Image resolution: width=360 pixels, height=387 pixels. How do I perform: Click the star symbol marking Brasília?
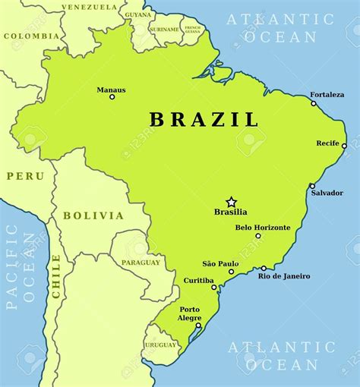[231, 202]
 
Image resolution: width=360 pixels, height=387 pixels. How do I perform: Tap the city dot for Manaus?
[112, 96]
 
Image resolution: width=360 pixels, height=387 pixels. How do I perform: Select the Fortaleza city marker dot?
[313, 103]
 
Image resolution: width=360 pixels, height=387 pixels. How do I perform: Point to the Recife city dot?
[344, 146]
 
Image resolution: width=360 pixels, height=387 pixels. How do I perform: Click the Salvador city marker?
[311, 186]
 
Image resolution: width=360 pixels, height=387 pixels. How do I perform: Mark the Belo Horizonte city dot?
[258, 236]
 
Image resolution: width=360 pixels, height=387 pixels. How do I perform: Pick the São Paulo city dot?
[232, 272]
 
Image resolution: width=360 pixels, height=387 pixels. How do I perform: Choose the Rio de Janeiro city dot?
[264, 268]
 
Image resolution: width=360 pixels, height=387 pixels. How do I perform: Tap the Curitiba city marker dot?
[214, 288]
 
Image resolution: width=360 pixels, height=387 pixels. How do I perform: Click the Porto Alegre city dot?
[198, 326]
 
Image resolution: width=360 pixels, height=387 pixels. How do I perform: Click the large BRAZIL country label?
[204, 119]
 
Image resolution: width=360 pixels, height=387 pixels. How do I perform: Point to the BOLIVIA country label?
[93, 216]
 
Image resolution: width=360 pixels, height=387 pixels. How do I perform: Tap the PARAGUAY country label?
[141, 263]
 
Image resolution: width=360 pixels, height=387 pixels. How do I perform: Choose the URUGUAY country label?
[160, 345]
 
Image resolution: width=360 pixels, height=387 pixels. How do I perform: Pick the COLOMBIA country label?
[31, 36]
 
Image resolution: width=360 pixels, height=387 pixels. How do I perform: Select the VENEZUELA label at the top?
[90, 7]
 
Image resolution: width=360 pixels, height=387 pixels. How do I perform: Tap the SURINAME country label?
[165, 30]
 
